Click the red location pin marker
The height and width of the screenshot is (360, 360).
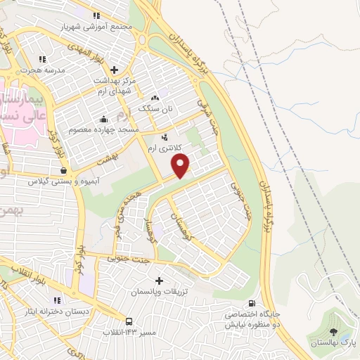pos(181,166)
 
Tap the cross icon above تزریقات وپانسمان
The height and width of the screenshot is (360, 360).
pos(157,280)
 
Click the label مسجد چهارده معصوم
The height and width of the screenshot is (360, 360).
pos(104,130)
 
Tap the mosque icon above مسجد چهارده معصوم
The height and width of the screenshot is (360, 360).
pos(104,118)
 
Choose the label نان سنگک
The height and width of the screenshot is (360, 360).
pos(155,109)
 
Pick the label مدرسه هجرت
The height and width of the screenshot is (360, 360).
pos(39,70)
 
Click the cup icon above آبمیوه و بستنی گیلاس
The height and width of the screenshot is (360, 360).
pos(64,170)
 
